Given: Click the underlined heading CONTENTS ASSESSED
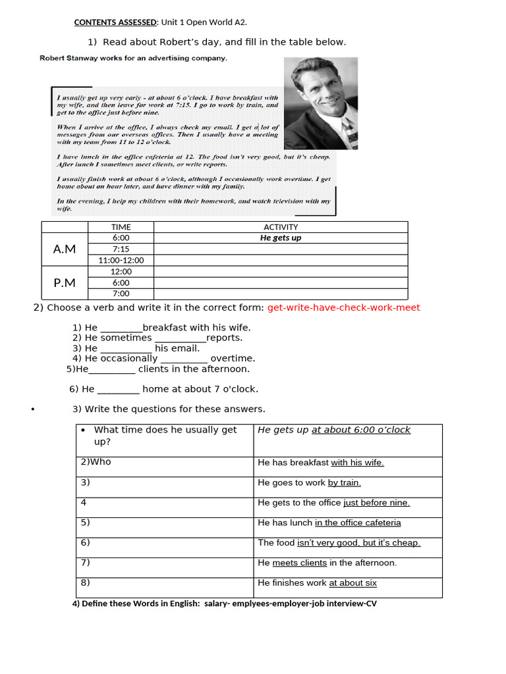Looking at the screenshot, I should (115, 22).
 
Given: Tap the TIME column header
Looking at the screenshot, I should (121, 227).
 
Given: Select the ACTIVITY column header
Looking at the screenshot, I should (281, 227).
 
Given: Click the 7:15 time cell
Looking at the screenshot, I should (121, 249).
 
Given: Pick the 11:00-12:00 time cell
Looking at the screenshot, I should (121, 260).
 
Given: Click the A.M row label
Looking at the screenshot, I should (65, 249).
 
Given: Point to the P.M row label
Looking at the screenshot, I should (65, 282).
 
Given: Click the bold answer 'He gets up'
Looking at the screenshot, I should (281, 238).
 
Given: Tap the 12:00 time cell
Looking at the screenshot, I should (121, 271).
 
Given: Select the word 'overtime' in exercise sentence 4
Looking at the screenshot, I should (233, 359).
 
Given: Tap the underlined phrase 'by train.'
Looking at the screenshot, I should (344, 482).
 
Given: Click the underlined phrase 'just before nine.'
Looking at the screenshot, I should (376, 503).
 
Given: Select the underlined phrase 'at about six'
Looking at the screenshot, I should (352, 583).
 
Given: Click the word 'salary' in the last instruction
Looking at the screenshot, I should (217, 604).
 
